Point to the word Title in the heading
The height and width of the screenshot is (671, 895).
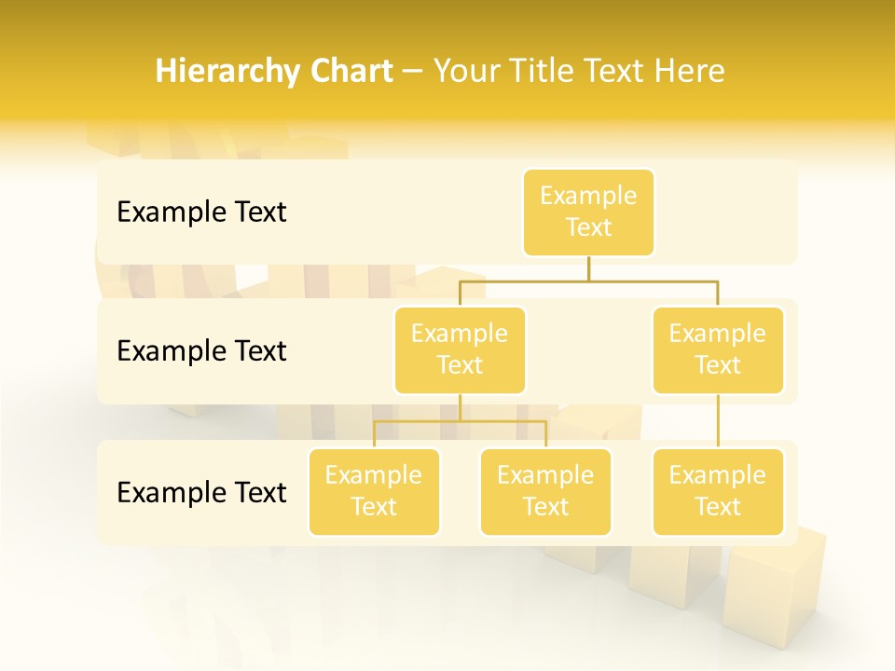click(545, 72)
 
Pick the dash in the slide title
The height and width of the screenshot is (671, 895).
click(413, 72)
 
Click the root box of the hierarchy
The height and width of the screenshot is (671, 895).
click(588, 212)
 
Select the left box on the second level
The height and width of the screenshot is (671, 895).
click(460, 349)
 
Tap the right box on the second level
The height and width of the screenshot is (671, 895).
click(718, 349)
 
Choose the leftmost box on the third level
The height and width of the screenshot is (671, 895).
click(374, 491)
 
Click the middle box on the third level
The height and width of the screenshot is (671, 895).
click(545, 491)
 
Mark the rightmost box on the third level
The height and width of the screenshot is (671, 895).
click(718, 491)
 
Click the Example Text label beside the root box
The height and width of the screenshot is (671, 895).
click(201, 212)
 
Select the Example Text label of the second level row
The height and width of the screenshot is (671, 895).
click(201, 351)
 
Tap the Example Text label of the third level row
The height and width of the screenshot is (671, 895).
click(201, 493)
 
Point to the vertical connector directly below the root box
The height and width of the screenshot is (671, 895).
click(588, 267)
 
